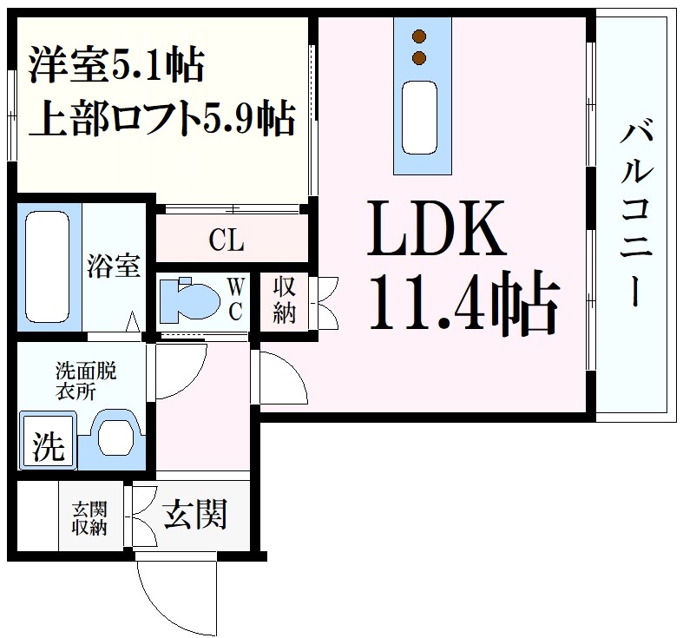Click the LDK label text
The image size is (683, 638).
point(437,227)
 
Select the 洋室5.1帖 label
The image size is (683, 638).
point(116,65)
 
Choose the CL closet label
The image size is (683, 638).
point(227,240)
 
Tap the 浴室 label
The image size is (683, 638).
point(113,266)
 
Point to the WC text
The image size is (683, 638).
point(236,299)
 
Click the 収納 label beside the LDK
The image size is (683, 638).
point(284,299)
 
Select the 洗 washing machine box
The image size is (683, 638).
point(48,446)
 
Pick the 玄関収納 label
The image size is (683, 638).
point(89,517)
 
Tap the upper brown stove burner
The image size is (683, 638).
point(421,36)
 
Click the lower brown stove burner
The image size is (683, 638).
point(421,58)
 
